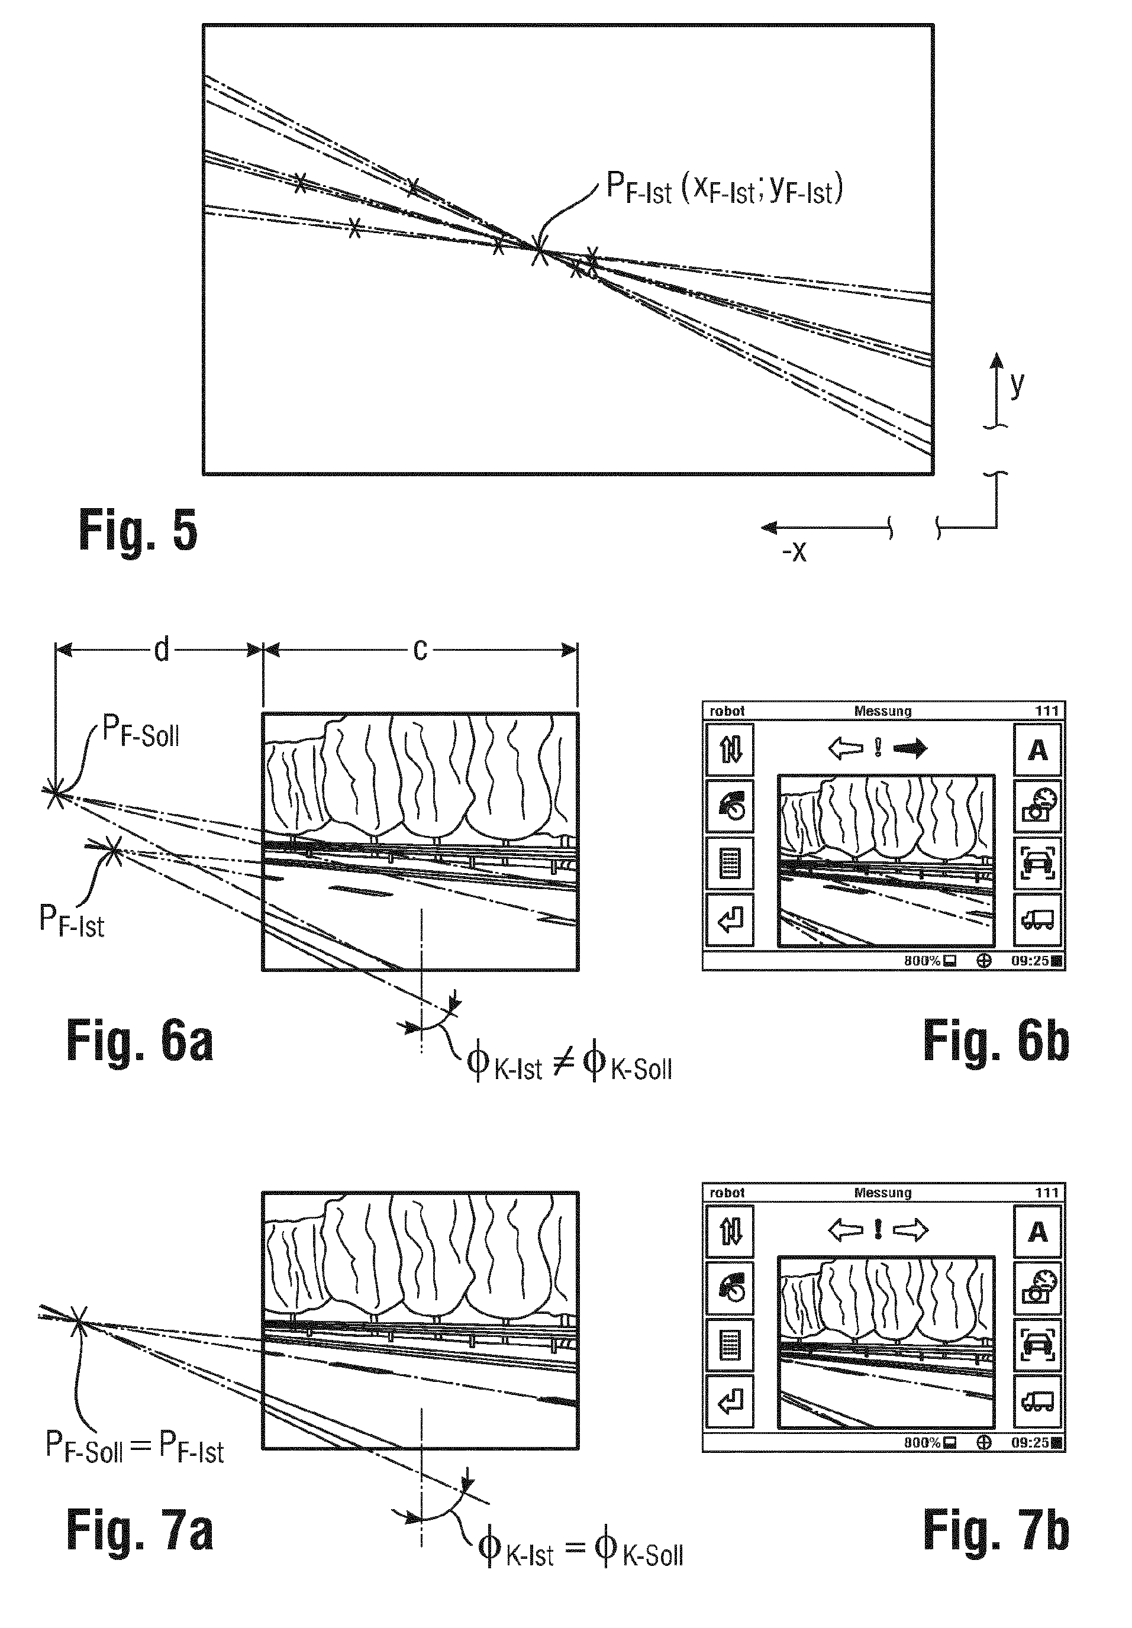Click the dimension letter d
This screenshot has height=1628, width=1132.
[x=162, y=649]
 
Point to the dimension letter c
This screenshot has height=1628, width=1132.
[x=420, y=649]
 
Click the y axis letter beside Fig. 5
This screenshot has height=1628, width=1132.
[x=1017, y=383]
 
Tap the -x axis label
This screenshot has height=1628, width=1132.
[x=794, y=551]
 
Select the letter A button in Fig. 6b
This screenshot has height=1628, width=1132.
[x=1037, y=750]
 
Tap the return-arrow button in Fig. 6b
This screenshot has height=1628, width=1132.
[x=730, y=921]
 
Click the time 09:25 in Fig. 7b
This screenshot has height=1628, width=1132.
[x=1030, y=1442]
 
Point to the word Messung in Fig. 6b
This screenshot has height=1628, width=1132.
[x=882, y=710]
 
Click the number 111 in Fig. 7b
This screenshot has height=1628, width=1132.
[x=1046, y=1193]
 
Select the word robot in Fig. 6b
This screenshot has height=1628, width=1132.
[x=727, y=710]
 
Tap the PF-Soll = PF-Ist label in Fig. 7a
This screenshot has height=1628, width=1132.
[x=135, y=1446]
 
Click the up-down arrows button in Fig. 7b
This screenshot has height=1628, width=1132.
[x=730, y=1232]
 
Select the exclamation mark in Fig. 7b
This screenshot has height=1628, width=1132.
[x=878, y=1229]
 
